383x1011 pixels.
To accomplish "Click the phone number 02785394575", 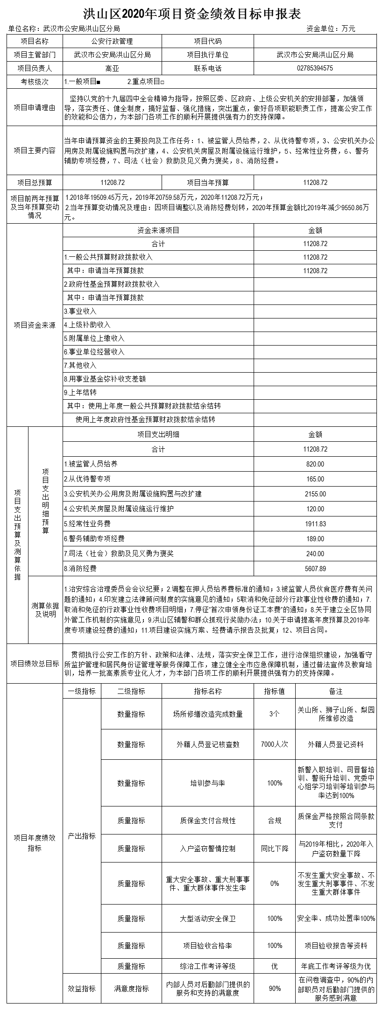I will pyautogui.click(x=315, y=68).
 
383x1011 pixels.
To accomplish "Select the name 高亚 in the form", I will pyautogui.click(x=112, y=68).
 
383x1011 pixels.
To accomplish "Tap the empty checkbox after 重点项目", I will pyautogui.click(x=162, y=82).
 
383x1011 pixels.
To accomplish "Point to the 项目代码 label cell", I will pyautogui.click(x=207, y=41).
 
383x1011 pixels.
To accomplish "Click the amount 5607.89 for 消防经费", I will pyautogui.click(x=315, y=569).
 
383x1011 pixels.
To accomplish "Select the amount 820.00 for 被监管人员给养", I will pyautogui.click(x=315, y=464).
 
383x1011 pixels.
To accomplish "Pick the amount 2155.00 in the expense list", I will pyautogui.click(x=315, y=494).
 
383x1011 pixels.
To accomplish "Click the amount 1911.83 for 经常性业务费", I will pyautogui.click(x=315, y=524).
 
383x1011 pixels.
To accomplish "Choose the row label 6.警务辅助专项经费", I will pyautogui.click(x=94, y=539).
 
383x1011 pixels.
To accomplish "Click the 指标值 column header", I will pyautogui.click(x=275, y=691).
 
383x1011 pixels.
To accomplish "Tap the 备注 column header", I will pyautogui.click(x=336, y=691).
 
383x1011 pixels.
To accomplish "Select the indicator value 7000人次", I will pyautogui.click(x=275, y=744).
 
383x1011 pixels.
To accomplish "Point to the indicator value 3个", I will pyautogui.click(x=275, y=714).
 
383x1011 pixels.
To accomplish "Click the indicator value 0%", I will pyautogui.click(x=275, y=884).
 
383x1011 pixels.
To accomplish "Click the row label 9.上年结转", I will pyautogui.click(x=80, y=392).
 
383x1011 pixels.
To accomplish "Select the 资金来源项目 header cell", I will pyautogui.click(x=158, y=230).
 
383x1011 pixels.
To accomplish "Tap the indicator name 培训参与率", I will pyautogui.click(x=207, y=783).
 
